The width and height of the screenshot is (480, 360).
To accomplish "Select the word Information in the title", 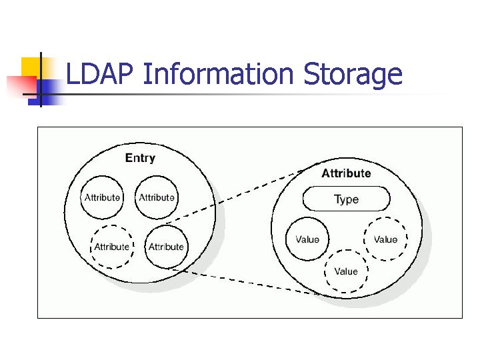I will click(x=217, y=75).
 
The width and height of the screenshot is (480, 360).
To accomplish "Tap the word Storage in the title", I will click(x=353, y=75).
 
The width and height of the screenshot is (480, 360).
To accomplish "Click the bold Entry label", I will click(x=140, y=158).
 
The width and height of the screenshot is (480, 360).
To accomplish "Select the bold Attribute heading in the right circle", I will click(x=346, y=173).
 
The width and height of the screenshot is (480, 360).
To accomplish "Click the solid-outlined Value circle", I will click(x=307, y=239).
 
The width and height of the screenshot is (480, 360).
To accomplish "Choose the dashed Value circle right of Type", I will click(x=385, y=239).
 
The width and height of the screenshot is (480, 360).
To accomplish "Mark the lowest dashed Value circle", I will click(x=345, y=271).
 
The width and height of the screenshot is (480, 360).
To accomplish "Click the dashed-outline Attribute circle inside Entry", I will click(x=111, y=247).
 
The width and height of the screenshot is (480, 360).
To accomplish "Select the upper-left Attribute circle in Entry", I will click(x=102, y=197).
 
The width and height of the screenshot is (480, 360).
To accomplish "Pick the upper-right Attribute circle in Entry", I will click(x=157, y=197).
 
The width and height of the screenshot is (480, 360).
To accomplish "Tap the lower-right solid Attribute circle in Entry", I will click(x=166, y=247).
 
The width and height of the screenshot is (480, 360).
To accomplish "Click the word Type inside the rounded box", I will click(x=346, y=199).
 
